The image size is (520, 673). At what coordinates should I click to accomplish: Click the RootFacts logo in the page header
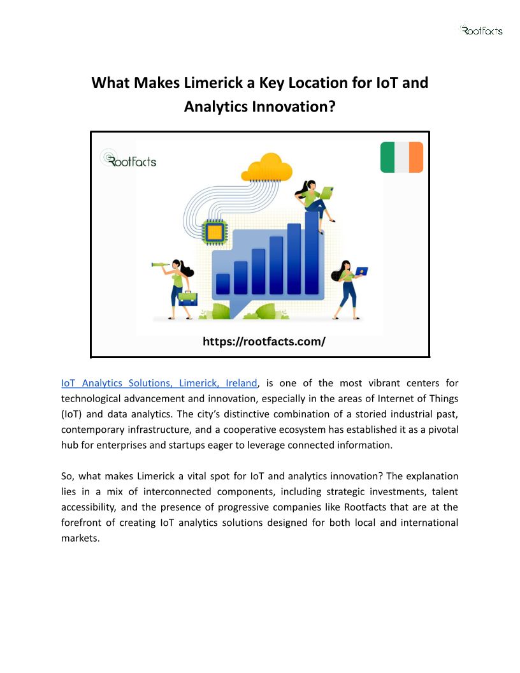coord(481,30)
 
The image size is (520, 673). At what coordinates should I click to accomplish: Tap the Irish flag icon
coord(401,157)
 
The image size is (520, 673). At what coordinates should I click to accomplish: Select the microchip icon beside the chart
coord(214,233)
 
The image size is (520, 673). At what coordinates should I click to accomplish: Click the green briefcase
coord(188,298)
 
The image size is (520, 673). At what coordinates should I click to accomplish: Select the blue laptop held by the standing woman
coord(361,271)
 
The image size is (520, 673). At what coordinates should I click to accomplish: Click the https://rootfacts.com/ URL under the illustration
coord(264,342)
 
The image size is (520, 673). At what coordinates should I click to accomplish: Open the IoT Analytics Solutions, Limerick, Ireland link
coord(159,383)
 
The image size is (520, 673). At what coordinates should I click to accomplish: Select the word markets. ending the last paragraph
coord(80,538)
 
